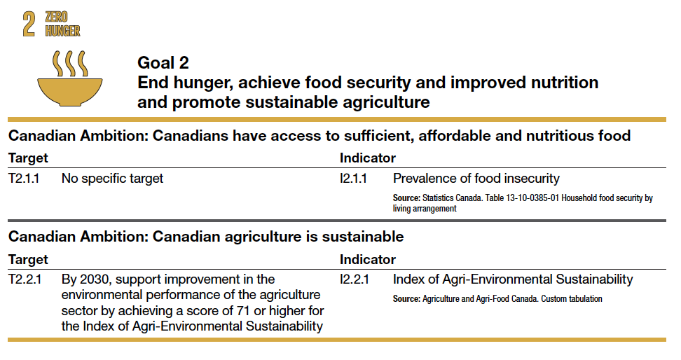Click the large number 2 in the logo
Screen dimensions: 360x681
pyautogui.click(x=29, y=23)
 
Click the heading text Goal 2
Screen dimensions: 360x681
pyautogui.click(x=163, y=62)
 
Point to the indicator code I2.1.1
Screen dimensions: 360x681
pyautogui.click(x=354, y=179)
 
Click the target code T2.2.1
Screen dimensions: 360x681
pyautogui.click(x=25, y=279)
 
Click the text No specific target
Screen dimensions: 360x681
pyautogui.click(x=112, y=179)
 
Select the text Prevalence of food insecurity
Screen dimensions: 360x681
pyautogui.click(x=476, y=179)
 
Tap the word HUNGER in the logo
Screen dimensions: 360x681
pyautogui.click(x=63, y=30)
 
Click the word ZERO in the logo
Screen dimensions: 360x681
pyautogui.click(x=57, y=17)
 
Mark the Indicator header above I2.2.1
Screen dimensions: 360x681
pyautogui.click(x=368, y=259)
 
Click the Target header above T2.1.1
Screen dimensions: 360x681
pyautogui.click(x=28, y=158)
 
